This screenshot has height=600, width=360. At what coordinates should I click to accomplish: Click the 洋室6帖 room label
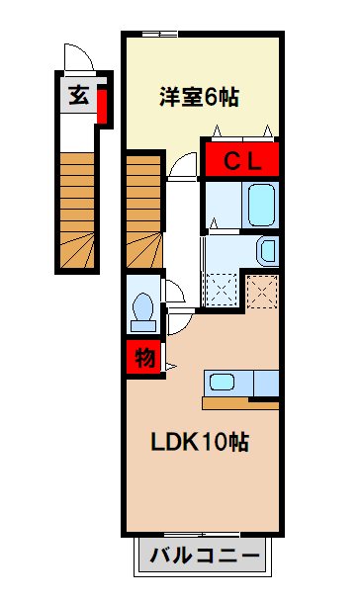[201, 98]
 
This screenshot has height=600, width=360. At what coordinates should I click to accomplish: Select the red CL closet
[241, 160]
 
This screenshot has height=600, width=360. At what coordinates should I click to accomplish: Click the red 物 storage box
[142, 358]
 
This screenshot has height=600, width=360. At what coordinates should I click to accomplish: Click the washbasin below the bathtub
[267, 251]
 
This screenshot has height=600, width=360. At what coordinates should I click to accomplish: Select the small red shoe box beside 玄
[102, 105]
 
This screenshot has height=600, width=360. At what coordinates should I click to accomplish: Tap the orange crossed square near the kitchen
[262, 290]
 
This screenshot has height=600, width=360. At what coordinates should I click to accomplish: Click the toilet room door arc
[175, 293]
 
